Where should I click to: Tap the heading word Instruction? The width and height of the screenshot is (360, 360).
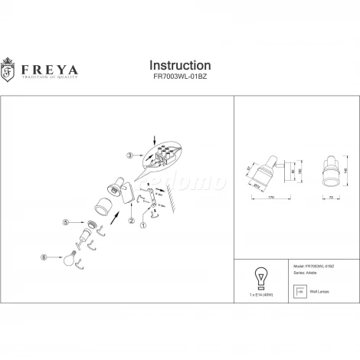click(x=179, y=66)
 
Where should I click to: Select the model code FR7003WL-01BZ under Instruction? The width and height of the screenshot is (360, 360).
click(x=179, y=77)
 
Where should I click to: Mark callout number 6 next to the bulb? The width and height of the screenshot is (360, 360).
click(x=44, y=258)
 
